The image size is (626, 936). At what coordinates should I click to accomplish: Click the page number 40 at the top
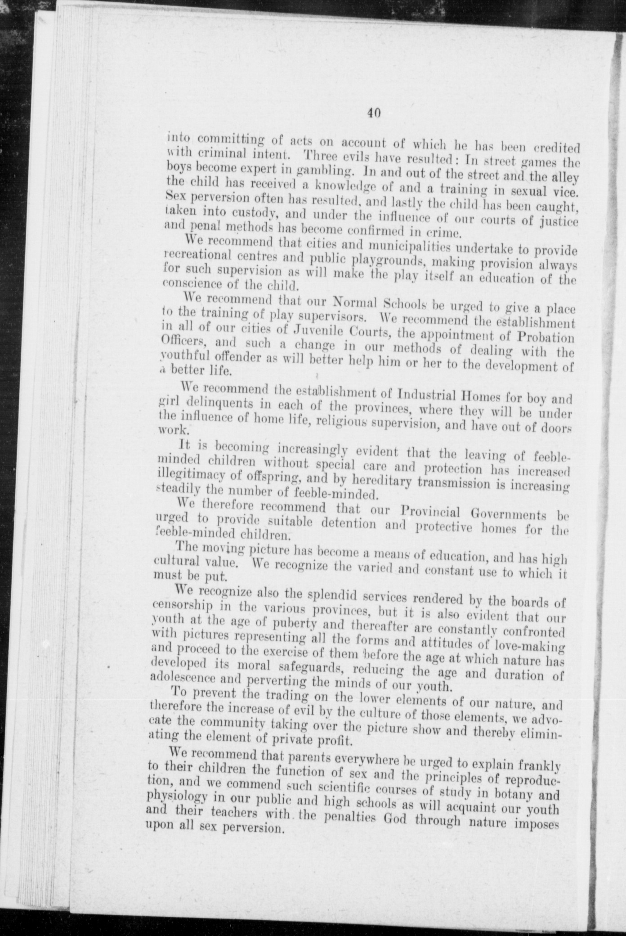click(x=374, y=113)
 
